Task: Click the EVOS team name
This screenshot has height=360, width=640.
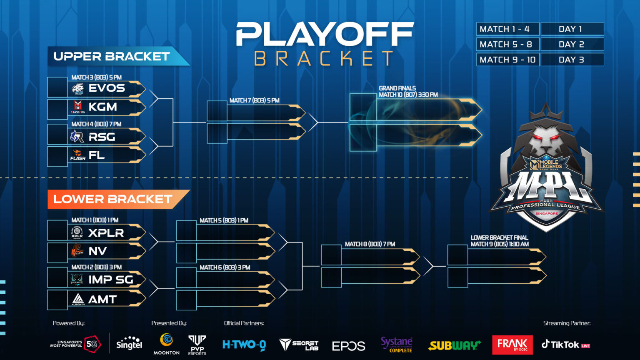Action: coord(107,88)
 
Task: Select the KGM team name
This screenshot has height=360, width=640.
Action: coord(102,107)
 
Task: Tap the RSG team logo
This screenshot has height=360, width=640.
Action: coord(77,136)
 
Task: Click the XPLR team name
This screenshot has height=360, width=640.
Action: coord(106,232)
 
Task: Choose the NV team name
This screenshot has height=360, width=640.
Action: coord(97,251)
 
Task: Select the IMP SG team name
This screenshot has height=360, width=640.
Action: coord(110,280)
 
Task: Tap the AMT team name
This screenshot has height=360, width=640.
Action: coord(102,299)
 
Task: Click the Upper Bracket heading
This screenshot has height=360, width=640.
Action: coord(112,57)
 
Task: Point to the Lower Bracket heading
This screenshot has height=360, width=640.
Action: coord(112,199)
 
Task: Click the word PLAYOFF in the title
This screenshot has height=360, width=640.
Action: coord(325,35)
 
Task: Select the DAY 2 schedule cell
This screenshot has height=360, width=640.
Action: coord(572,44)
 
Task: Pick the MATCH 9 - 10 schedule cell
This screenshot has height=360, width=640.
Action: coord(507,60)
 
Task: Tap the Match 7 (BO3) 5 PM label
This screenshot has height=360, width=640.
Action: coord(254,100)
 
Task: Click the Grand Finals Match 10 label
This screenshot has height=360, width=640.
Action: coord(408,92)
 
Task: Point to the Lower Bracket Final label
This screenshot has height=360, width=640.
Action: coord(499,241)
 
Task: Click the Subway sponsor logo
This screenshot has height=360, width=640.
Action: coord(454,345)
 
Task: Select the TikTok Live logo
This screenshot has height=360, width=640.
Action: coord(565,345)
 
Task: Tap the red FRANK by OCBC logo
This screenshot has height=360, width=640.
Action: coord(512,344)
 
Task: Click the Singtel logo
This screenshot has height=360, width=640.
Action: coord(129,344)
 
